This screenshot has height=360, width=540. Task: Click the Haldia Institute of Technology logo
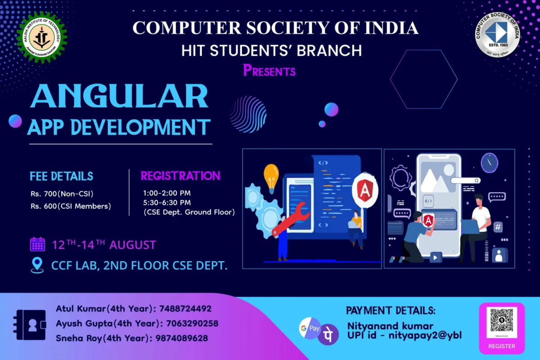tap(41, 37)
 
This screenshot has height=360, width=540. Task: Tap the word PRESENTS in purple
tap(269, 71)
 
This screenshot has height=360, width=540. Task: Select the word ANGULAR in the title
tap(119, 96)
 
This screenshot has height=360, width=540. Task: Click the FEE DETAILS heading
tap(62, 176)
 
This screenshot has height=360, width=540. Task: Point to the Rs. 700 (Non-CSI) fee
tap(65, 194)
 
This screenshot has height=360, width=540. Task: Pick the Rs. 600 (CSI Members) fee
tap(70, 207)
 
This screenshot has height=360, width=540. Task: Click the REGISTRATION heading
tap(180, 175)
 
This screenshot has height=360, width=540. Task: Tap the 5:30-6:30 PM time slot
tap(167, 202)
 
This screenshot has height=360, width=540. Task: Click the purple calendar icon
tap(37, 244)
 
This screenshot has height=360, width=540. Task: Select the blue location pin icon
tap(37, 265)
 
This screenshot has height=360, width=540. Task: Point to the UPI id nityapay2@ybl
tap(424, 335)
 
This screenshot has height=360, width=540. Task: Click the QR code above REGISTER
tap(501, 320)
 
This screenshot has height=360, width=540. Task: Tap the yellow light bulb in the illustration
tap(271, 176)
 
